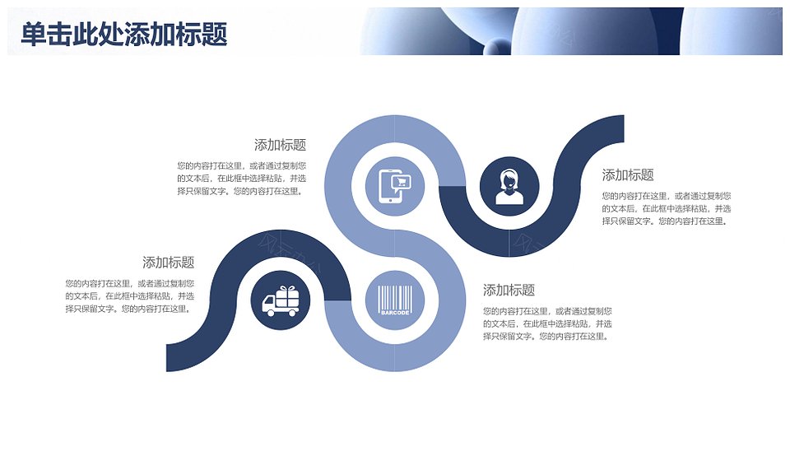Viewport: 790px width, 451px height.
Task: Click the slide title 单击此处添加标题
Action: coord(124,34)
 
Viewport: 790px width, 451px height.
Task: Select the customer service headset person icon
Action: coord(509,187)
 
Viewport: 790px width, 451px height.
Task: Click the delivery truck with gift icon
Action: coord(281,301)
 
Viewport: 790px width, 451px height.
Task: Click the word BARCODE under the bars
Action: coord(395,313)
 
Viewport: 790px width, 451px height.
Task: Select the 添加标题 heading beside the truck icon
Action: coord(168,262)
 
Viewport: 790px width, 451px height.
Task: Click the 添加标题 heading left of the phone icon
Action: coord(280,145)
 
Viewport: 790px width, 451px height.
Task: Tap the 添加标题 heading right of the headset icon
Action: coord(628,174)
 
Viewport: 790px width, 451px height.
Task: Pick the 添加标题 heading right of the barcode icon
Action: coord(509,290)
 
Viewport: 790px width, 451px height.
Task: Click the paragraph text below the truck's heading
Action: coord(129,296)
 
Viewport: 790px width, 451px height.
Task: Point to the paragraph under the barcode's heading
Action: coord(547,323)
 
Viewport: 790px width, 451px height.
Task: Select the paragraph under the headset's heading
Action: coord(666,208)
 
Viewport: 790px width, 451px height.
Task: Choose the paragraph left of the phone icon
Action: coord(241,179)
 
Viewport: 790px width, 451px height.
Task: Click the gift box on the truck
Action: coord(287,295)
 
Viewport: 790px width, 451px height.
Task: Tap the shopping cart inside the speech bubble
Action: coord(402,181)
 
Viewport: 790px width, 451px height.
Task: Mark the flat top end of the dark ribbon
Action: coord(624,128)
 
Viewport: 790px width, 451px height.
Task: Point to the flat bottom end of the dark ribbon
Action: coord(167,358)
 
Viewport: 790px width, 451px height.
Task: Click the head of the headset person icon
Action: coord(509,180)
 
